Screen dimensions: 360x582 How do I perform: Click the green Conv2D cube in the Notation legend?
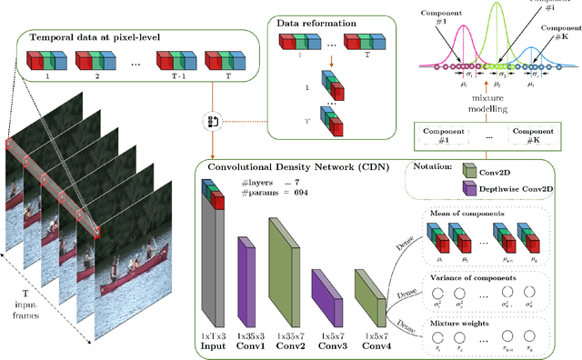click(469, 171)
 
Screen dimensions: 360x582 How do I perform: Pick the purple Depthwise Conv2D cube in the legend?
click(469, 188)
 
